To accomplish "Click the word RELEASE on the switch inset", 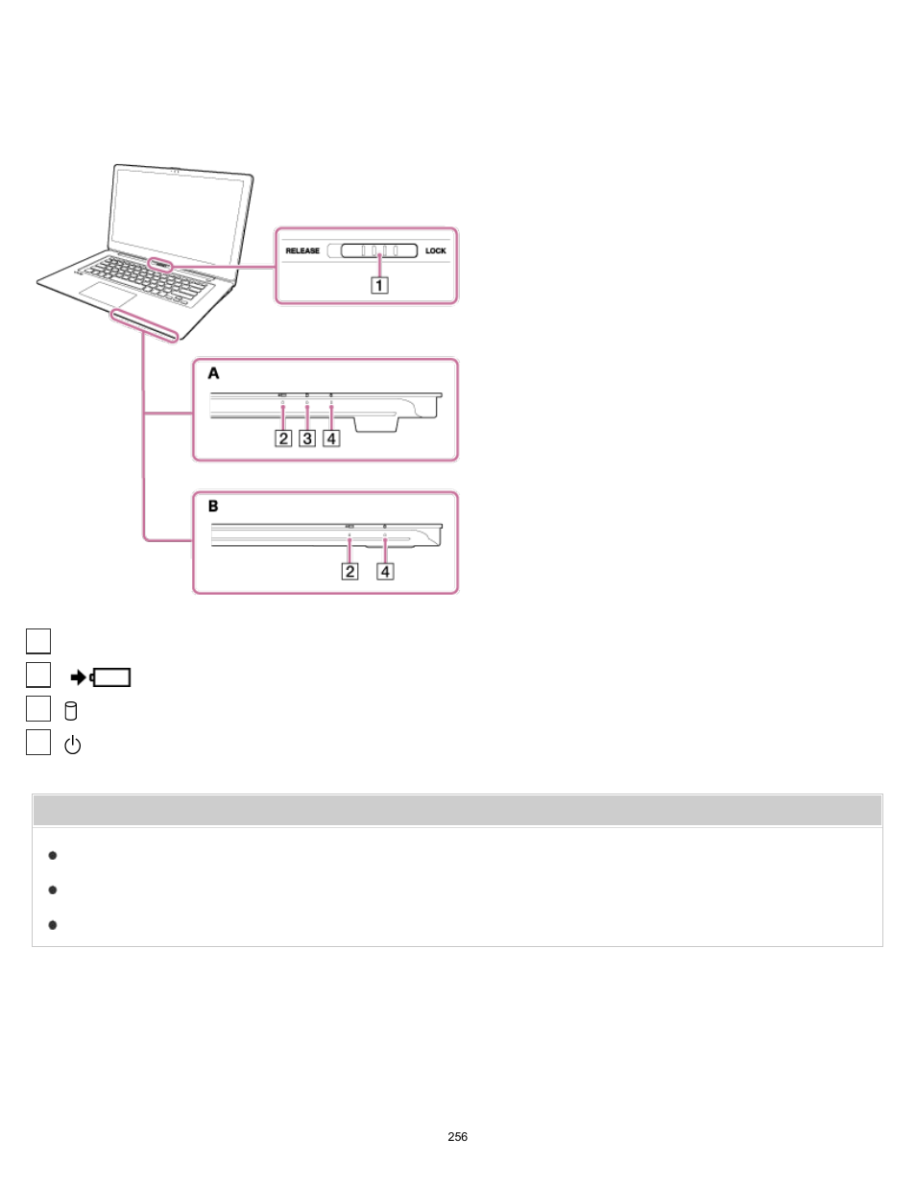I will tap(302, 251).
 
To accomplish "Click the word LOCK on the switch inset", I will tap(436, 251).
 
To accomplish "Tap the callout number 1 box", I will tap(380, 285).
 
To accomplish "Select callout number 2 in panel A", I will tap(283, 438).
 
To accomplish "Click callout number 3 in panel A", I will tap(307, 438).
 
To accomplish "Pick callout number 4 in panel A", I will tap(331, 438).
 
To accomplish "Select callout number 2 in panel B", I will tap(350, 572).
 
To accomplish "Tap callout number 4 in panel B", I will tap(385, 572).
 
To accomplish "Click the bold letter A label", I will tap(213, 373).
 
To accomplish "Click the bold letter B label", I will tap(213, 506).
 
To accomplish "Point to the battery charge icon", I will tap(101, 678).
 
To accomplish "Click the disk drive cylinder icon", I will tap(70, 711).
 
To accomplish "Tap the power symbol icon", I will tap(72, 745).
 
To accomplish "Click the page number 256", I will tap(458, 1137).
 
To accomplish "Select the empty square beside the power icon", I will tap(38, 743).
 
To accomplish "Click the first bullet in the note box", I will tap(53, 855).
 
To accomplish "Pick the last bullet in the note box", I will tap(53, 925).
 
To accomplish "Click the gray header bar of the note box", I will tap(457, 811).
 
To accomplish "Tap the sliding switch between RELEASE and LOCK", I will tap(379, 250).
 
